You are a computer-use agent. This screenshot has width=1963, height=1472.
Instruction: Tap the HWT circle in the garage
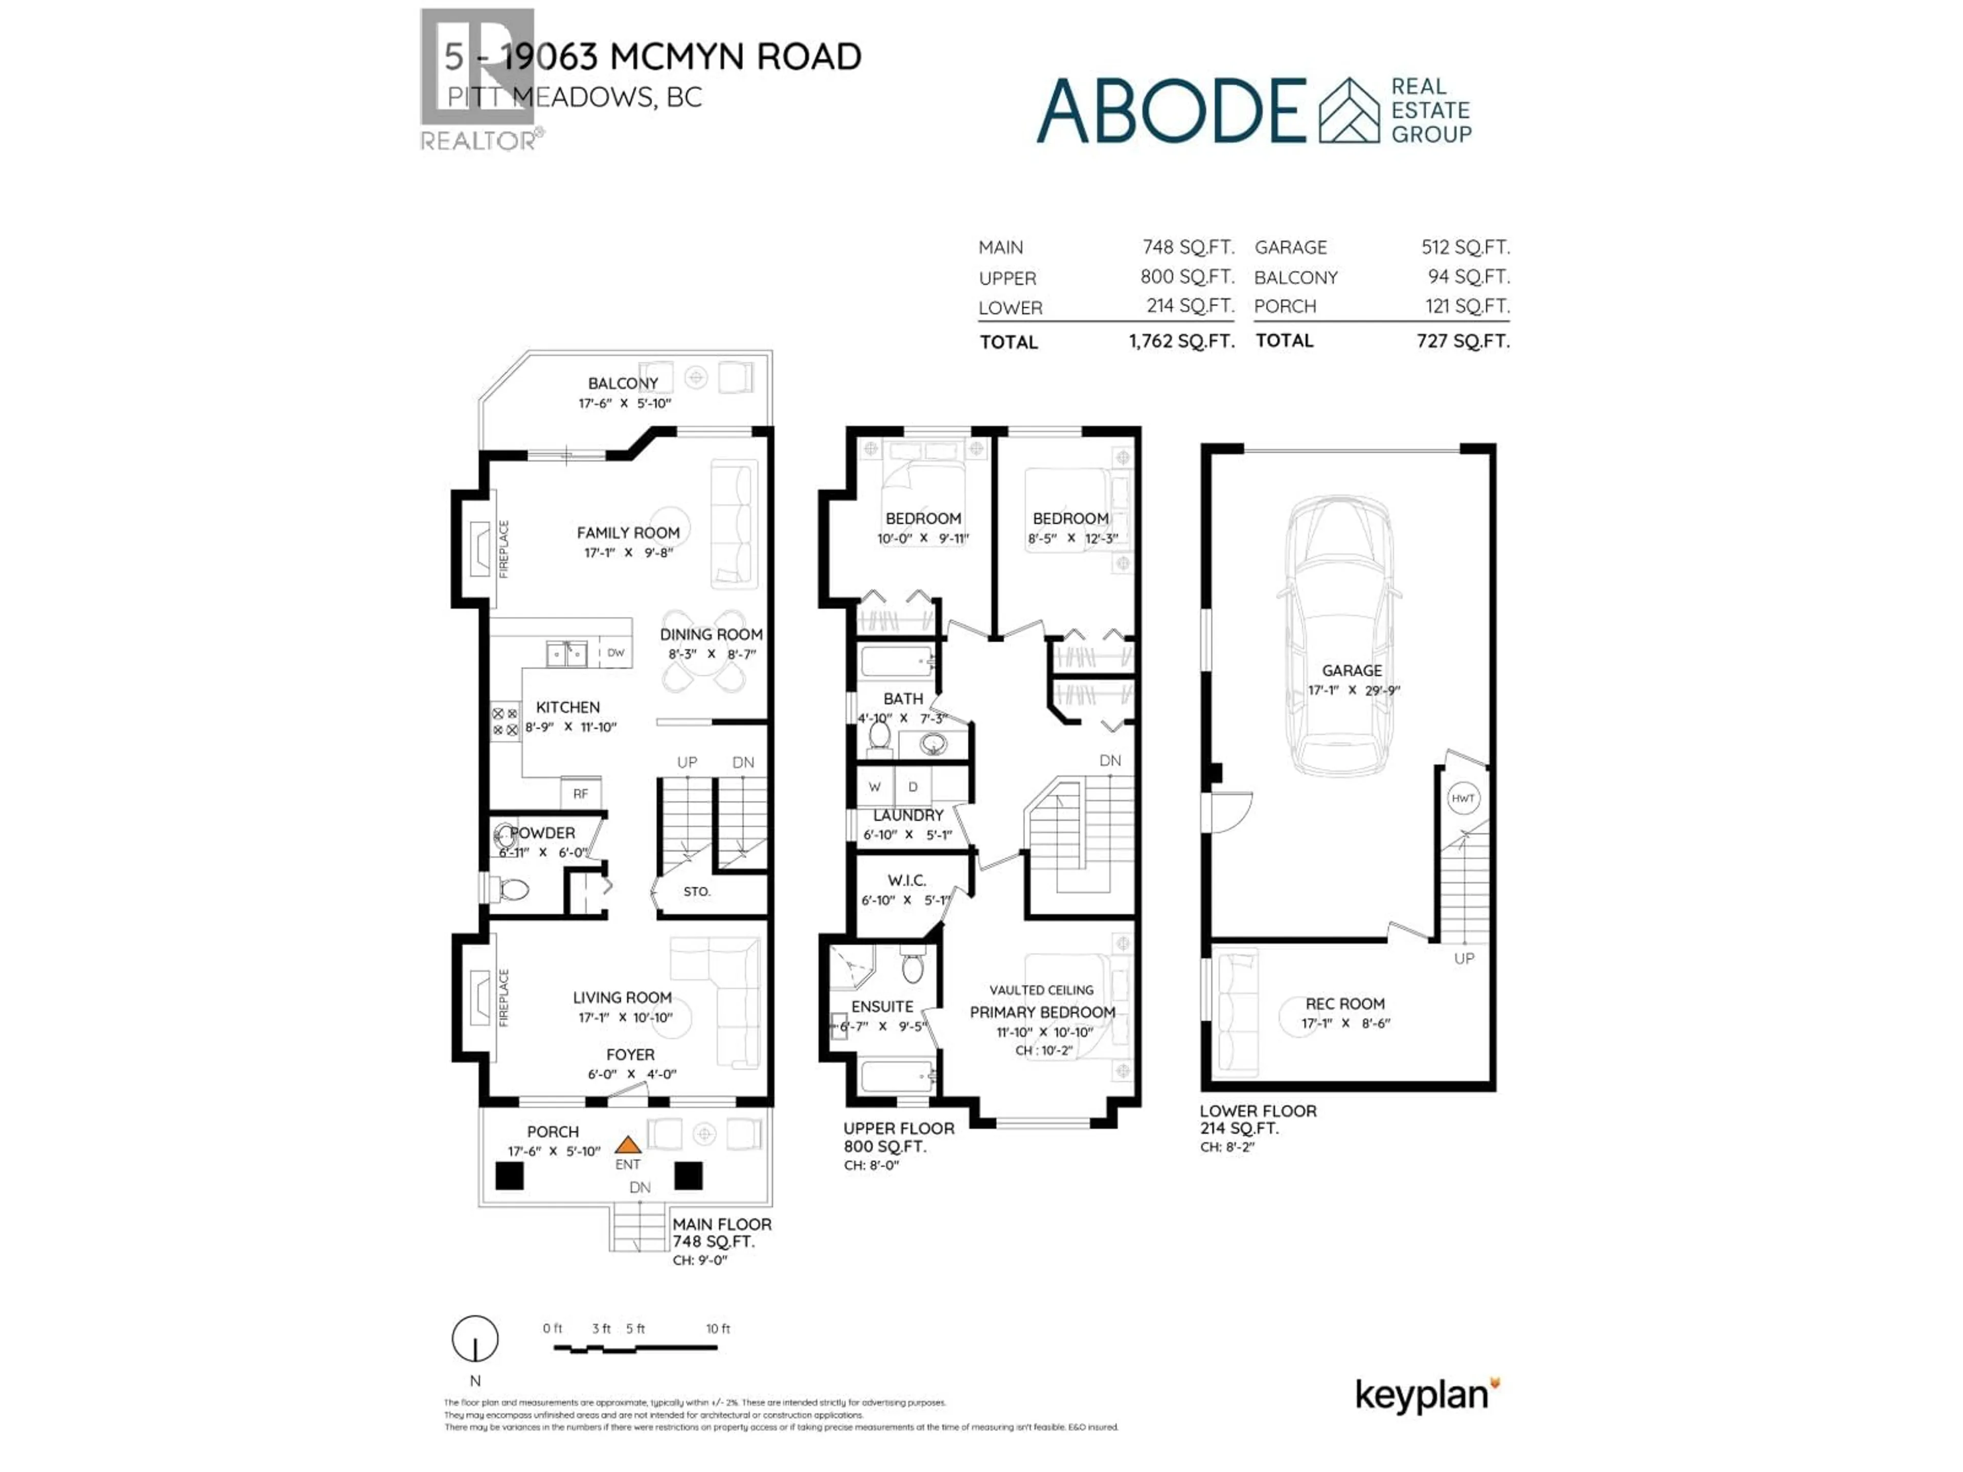pos(1463,798)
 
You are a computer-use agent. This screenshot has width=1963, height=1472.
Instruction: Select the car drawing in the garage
pos(1339,634)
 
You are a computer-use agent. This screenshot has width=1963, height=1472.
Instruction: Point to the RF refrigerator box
pos(580,793)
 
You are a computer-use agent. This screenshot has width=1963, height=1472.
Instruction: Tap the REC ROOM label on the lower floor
pos(1344,1003)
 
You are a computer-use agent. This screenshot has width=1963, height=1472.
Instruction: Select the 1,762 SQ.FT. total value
pos(1181,341)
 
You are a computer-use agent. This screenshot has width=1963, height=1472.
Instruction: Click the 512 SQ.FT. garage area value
pos(1465,247)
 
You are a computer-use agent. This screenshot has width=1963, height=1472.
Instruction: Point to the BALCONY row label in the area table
pos(1296,278)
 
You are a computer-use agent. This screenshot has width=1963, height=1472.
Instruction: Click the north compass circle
pos(475,1338)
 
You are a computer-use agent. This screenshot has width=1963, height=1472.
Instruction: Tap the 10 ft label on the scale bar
pos(718,1328)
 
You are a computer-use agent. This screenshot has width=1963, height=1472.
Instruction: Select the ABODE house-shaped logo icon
pos(1349,111)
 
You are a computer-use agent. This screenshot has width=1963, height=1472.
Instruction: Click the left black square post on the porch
pos(509,1176)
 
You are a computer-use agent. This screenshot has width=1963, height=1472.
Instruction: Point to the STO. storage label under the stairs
pos(697,892)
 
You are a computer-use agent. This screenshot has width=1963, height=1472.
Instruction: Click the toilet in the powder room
pos(513,888)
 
